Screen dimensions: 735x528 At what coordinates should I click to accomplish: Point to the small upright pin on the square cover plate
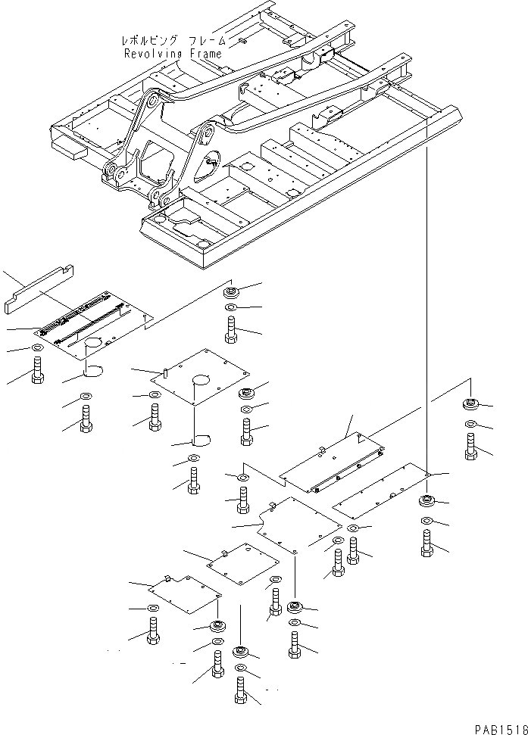(165, 372)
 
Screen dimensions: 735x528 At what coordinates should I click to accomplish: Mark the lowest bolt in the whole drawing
(241, 690)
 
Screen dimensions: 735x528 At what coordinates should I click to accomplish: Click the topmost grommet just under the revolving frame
(232, 292)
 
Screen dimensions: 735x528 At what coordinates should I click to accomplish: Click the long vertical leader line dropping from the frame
(428, 303)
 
